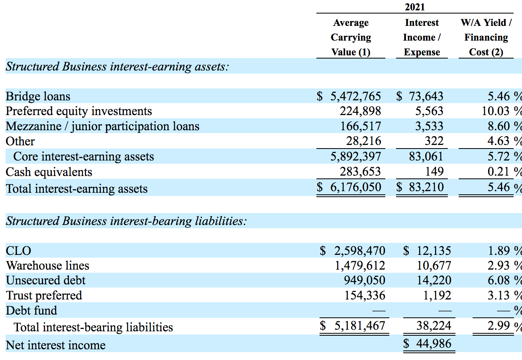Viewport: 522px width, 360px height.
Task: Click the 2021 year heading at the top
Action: (x=414, y=7)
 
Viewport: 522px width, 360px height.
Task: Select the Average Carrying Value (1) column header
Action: (x=351, y=37)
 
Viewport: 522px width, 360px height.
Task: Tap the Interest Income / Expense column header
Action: (x=422, y=37)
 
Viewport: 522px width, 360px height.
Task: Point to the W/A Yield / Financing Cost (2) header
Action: (x=486, y=37)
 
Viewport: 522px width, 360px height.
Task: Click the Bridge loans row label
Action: (x=38, y=96)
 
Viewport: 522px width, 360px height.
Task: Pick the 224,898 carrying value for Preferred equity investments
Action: (x=360, y=111)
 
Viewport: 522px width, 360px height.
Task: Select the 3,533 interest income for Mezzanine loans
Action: (x=429, y=126)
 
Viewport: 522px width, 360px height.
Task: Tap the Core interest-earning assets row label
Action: (x=84, y=157)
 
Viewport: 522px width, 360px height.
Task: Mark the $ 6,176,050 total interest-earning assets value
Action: (x=349, y=187)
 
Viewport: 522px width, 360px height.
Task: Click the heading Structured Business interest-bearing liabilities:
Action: (x=126, y=221)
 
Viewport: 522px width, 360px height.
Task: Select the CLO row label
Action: (x=18, y=251)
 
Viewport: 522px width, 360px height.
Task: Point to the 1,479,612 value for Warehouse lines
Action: (x=360, y=266)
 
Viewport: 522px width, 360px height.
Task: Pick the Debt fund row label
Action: (x=31, y=311)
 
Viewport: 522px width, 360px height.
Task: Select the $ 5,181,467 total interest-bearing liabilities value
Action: (x=353, y=326)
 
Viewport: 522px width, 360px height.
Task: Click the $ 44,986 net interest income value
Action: (x=428, y=343)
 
